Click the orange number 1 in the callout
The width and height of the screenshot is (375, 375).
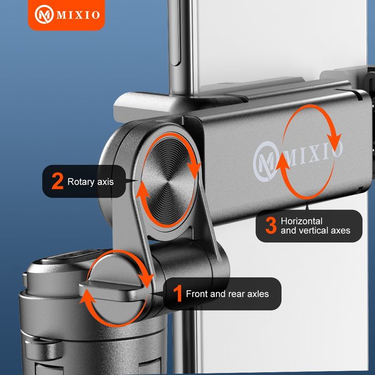pos(178,293)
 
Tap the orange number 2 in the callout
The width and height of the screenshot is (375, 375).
pos(57,181)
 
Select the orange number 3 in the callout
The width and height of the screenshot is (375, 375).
pos(271,225)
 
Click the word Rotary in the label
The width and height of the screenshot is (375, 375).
pos(81,182)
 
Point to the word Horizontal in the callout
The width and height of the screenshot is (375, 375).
pos(302,221)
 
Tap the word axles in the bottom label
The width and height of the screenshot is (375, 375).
pos(258,294)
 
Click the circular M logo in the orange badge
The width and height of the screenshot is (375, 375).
pos(44,14)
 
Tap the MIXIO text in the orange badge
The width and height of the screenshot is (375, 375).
pos(78,15)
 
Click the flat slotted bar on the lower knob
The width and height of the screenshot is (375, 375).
pos(115,291)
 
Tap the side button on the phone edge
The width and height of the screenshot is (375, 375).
pos(176,33)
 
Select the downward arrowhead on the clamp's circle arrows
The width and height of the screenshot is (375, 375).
pos(334,142)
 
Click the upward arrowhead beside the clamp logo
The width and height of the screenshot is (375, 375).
pos(283,162)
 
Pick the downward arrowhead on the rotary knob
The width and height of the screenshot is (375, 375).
pos(194,169)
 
